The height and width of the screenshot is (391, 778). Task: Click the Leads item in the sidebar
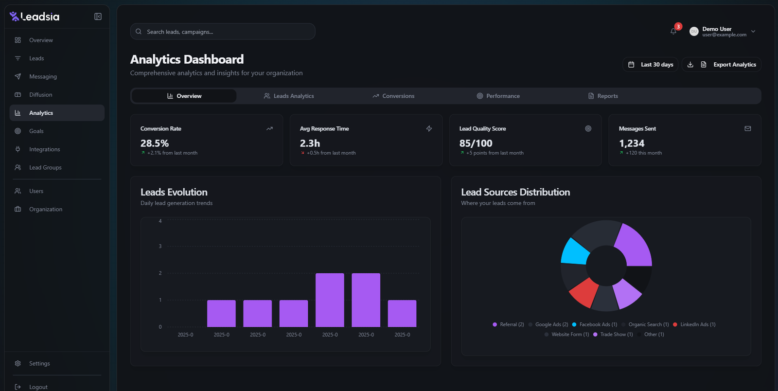(36, 58)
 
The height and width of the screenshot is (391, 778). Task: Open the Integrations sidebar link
(44, 149)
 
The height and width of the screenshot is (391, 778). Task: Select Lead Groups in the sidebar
(45, 167)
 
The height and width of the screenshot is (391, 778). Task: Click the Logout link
(38, 387)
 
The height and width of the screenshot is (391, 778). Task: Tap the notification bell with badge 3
(673, 31)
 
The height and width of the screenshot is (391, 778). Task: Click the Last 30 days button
(651, 65)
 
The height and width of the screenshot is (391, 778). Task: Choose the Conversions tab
(393, 96)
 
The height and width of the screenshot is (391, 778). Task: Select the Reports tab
(603, 96)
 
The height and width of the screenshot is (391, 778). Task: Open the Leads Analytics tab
(289, 96)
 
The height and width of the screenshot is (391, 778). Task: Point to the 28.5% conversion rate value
(155, 143)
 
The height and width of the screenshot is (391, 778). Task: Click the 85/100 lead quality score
(476, 143)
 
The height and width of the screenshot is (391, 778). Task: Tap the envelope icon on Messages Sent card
(747, 129)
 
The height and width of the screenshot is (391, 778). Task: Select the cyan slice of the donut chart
(576, 252)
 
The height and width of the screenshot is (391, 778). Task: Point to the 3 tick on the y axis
(160, 247)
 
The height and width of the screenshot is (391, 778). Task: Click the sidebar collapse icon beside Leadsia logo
(98, 17)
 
